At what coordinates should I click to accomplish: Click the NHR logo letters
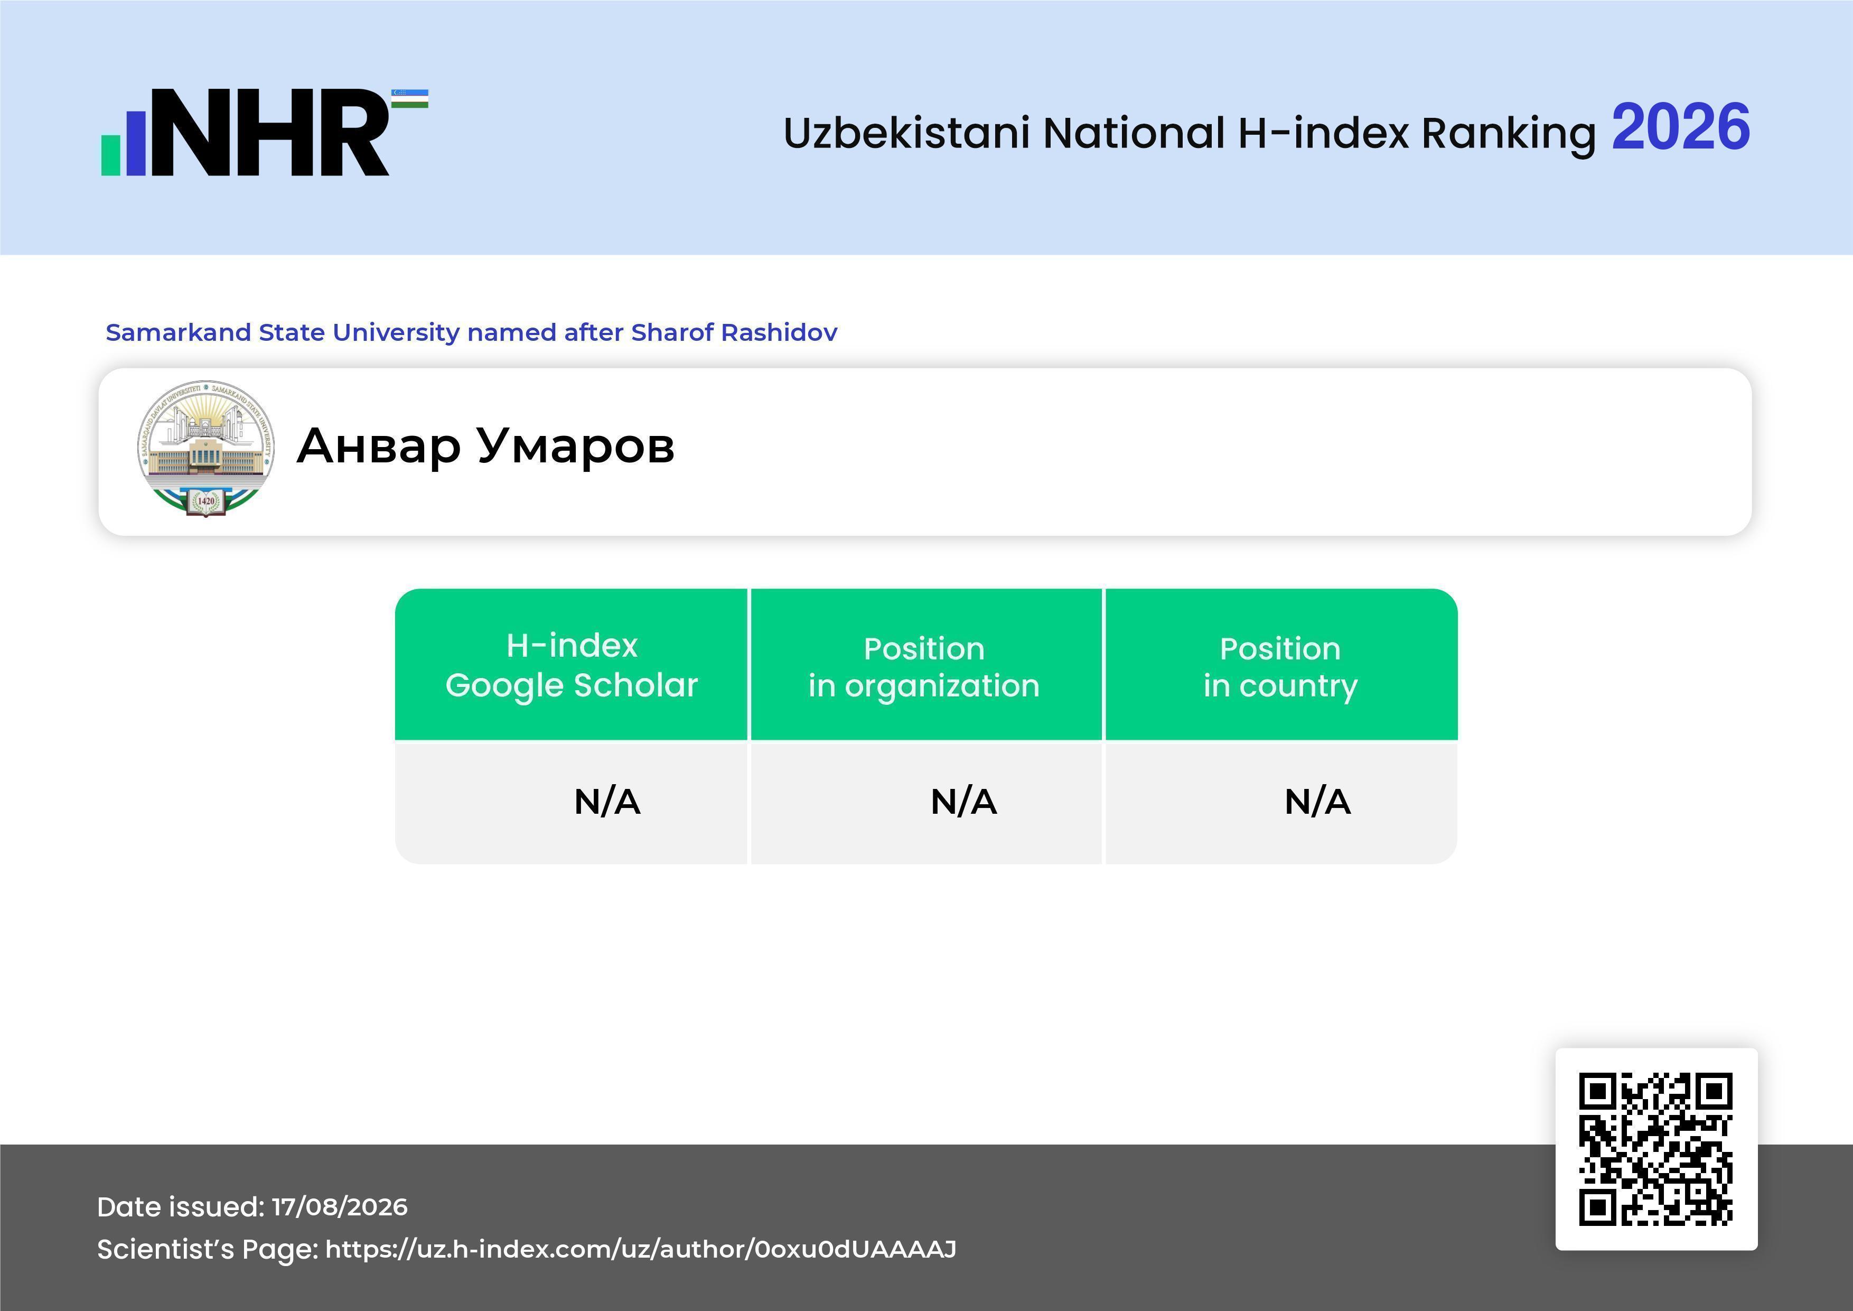click(270, 133)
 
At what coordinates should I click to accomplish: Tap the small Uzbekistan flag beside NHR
click(410, 98)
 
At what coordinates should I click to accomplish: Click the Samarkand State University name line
click(471, 332)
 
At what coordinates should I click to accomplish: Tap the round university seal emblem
click(206, 448)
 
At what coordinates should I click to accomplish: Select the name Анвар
click(379, 445)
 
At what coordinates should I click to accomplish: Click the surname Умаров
click(575, 445)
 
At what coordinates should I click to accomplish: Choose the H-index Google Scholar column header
click(572, 664)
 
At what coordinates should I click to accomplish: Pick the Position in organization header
click(924, 667)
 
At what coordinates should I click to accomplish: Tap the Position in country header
click(1280, 667)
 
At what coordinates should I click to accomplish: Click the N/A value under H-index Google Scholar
click(607, 802)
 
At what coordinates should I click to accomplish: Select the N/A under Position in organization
click(963, 802)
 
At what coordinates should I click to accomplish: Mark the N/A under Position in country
click(1317, 802)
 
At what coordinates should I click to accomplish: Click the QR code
click(1656, 1149)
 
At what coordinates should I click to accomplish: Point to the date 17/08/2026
click(340, 1207)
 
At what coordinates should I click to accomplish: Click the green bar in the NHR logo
click(110, 154)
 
